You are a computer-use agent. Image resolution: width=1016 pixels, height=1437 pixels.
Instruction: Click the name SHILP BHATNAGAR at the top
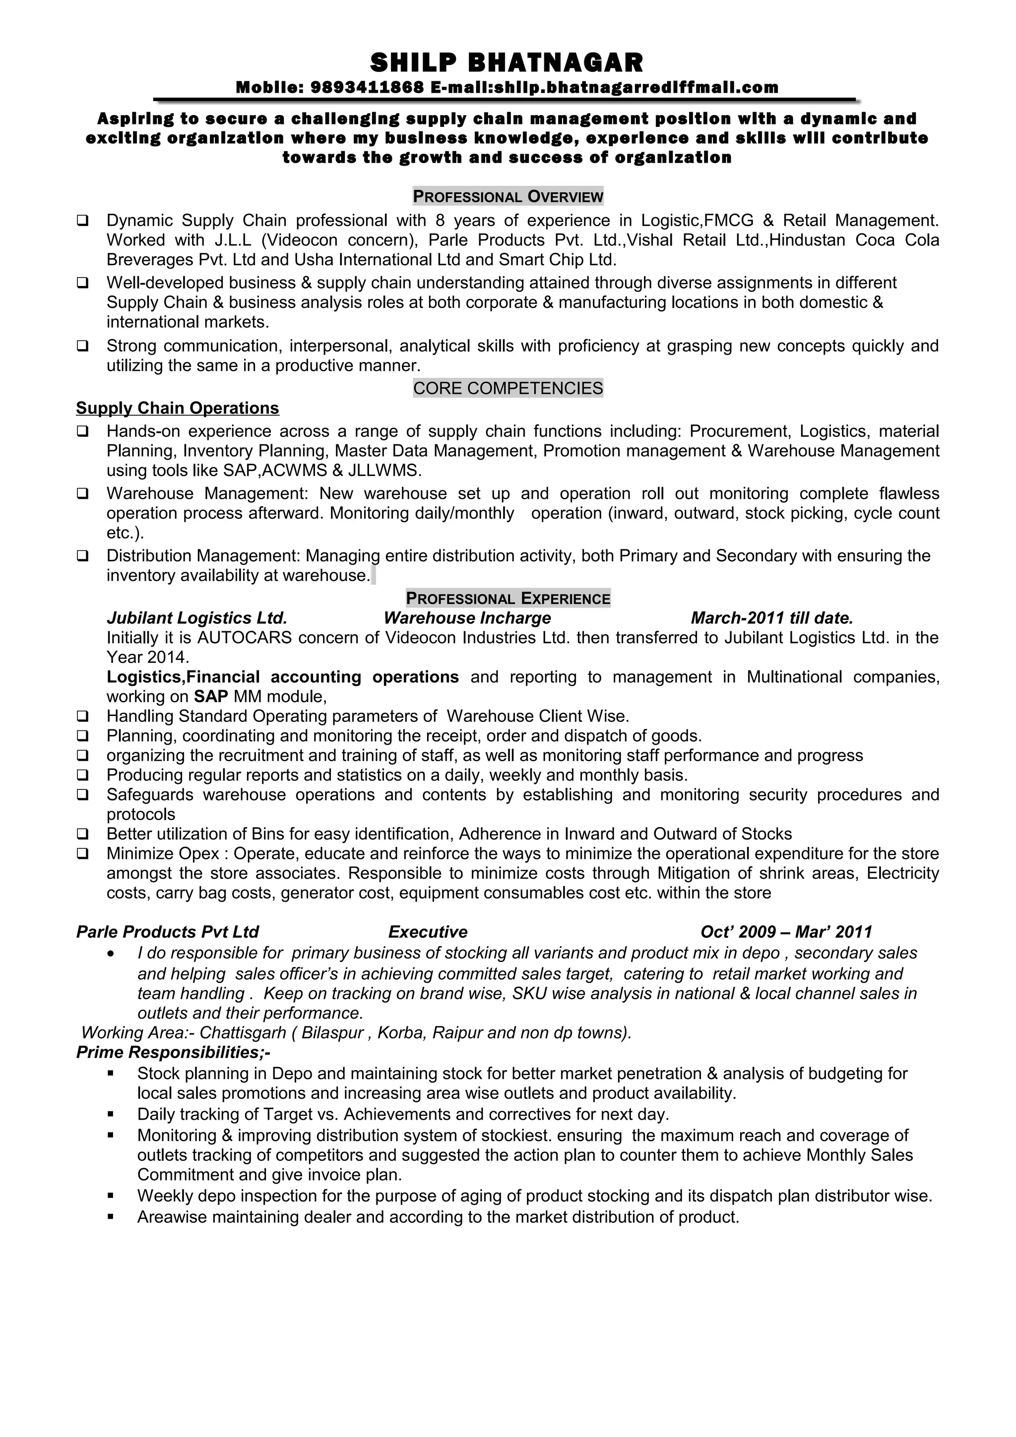click(x=507, y=62)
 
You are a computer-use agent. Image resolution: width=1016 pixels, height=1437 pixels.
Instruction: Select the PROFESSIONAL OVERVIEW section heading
click(x=508, y=196)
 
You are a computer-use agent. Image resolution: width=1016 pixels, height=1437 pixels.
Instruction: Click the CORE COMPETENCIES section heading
click(x=508, y=388)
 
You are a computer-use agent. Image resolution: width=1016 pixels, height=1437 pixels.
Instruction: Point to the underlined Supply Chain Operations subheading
click(x=177, y=408)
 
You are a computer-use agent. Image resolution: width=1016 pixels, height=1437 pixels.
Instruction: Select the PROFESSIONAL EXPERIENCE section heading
click(x=508, y=599)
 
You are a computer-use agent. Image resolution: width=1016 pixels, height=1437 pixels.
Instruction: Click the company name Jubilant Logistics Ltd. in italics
click(x=196, y=618)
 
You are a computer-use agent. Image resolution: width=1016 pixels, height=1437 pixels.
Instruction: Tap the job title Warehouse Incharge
click(x=467, y=618)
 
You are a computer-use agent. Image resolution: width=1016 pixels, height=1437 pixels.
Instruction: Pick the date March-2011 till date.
click(x=772, y=618)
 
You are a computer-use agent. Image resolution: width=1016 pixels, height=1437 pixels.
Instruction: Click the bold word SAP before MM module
click(x=210, y=696)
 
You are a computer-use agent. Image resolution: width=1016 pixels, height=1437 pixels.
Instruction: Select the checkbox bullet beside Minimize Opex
click(x=82, y=854)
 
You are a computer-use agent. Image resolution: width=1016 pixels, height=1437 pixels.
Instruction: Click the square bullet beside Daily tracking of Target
click(x=111, y=1114)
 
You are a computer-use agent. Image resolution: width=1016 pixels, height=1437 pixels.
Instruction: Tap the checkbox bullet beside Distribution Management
click(x=82, y=556)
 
